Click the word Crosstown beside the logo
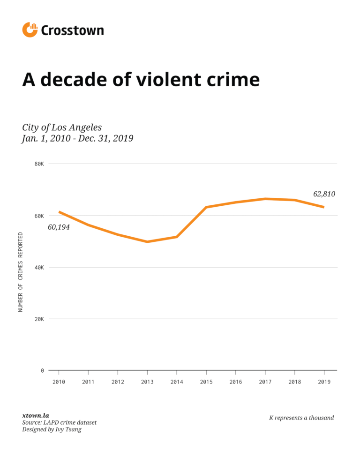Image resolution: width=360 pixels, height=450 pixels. tap(72, 30)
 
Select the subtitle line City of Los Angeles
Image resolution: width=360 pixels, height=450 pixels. tap(62, 127)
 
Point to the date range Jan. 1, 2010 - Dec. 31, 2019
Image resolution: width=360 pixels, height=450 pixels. tap(77, 139)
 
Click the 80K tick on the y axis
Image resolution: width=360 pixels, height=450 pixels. tap(39, 164)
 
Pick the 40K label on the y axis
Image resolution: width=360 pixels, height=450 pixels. tap(39, 267)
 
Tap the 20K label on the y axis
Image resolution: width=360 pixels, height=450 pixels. tap(39, 319)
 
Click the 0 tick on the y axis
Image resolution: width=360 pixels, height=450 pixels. tap(42, 370)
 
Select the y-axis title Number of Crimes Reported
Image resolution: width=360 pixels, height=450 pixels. tap(20, 272)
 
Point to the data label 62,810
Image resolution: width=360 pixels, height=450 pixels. tap(324, 194)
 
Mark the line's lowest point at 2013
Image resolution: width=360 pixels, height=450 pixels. tap(147, 242)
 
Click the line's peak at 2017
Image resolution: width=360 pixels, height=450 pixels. tap(265, 199)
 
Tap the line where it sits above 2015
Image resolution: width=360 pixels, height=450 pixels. tap(206, 207)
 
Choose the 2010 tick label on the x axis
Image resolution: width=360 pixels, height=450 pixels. tap(59, 382)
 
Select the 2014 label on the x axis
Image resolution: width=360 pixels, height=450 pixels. tap(177, 382)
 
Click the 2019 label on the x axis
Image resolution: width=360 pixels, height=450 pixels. tap(324, 382)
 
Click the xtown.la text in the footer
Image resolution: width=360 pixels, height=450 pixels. tap(36, 415)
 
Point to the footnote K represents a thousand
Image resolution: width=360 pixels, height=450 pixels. tap(301, 418)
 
